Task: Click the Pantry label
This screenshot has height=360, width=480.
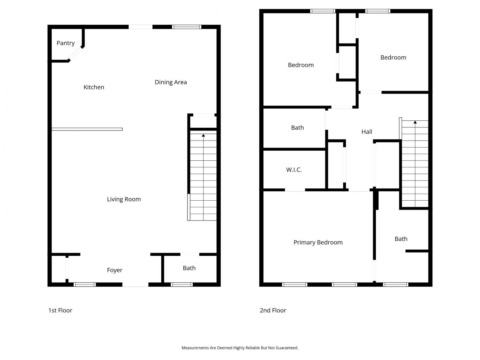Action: point(66,43)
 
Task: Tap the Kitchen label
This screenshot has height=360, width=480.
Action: point(94,87)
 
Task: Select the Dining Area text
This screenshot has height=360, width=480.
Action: point(171,82)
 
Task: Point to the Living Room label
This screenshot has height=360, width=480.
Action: point(124,199)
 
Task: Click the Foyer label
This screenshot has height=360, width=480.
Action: point(115,270)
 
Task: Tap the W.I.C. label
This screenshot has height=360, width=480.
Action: point(294,170)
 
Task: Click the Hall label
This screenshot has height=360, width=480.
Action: point(367,132)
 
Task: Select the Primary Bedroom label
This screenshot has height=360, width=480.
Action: point(318,243)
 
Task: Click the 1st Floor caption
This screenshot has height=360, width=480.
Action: point(60,310)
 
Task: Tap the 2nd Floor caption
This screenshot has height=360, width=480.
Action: point(273,310)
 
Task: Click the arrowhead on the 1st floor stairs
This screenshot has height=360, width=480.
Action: point(204,135)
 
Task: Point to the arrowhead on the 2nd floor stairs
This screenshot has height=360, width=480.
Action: point(415,122)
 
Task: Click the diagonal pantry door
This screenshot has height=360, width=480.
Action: point(75,53)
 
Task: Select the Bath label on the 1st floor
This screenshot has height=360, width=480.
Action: point(189,268)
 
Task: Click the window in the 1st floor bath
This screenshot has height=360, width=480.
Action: point(182,284)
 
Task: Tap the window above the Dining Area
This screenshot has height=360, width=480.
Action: point(187,27)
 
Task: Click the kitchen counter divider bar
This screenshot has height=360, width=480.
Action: point(87,129)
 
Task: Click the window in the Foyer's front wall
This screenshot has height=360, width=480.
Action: point(84,284)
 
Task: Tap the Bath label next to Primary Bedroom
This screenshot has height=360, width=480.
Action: point(401,239)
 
